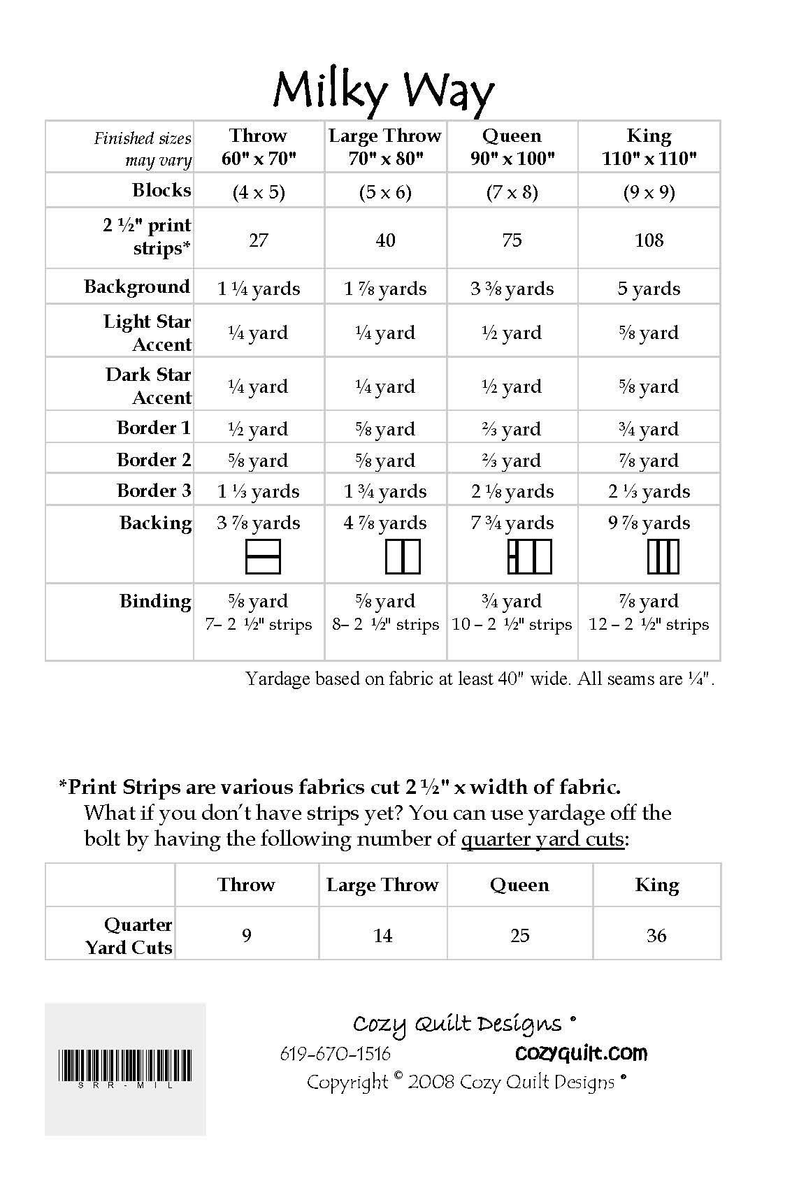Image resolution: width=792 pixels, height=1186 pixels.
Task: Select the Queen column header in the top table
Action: pos(512,146)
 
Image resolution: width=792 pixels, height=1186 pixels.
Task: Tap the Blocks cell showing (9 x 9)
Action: pos(649,192)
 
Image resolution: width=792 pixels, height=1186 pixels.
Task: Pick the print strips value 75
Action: pos(512,240)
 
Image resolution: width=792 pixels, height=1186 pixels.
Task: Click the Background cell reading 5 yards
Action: pos(649,289)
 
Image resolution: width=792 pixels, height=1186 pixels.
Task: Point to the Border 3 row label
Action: pos(154,491)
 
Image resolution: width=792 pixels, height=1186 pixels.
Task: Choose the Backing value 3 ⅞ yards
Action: pos(259,523)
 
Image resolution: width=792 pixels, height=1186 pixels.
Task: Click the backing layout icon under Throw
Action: pos(263,557)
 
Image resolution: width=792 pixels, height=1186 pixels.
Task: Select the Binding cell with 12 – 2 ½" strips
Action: pos(649,624)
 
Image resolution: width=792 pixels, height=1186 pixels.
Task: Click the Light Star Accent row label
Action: pos(147,333)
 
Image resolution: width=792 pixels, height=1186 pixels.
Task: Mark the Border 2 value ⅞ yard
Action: pos(649,460)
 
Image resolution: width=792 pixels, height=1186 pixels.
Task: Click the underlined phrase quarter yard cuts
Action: pos(542,839)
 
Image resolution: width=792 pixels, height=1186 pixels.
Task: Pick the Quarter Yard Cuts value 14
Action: pos(383,935)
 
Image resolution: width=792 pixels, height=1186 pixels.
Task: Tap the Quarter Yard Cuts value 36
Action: pos(656,935)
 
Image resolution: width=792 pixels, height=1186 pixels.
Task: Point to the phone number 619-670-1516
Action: pos(335,1053)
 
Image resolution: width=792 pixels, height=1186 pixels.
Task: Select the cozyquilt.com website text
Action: pos(581,1053)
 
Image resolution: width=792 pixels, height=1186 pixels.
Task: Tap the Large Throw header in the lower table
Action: pos(382,885)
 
